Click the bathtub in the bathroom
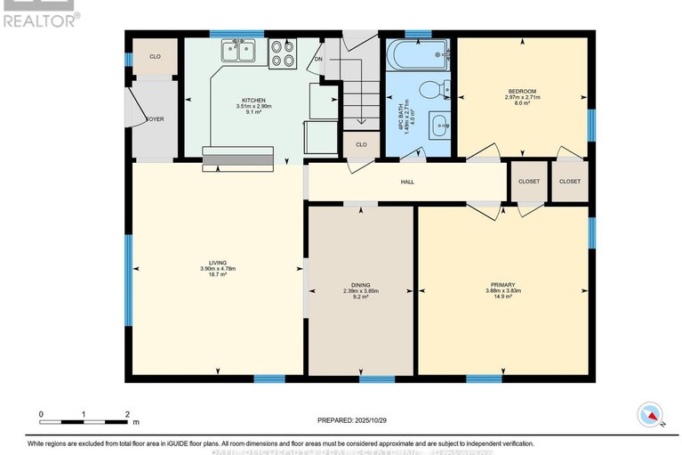(419, 54)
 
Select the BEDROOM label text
(522, 91)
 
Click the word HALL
(407, 183)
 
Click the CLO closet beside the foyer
(155, 56)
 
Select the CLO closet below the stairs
(362, 144)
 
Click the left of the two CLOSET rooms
(529, 181)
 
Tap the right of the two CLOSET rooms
(569, 181)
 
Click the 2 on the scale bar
(127, 414)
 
